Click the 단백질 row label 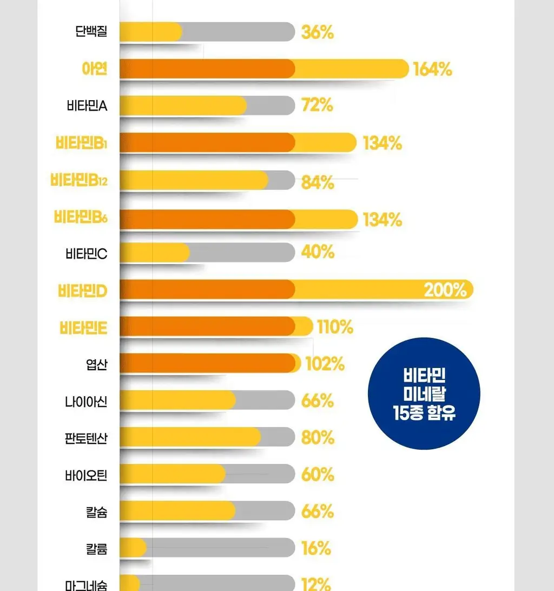[91, 31]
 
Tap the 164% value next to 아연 [432, 69]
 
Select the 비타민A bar [207, 105]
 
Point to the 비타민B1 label [81, 143]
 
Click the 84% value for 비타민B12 [318, 183]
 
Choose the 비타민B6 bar [239, 219]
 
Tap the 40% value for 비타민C [318, 252]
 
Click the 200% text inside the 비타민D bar [445, 290]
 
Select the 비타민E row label [83, 328]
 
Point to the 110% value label [335, 327]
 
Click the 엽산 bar [210, 363]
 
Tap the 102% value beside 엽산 [325, 364]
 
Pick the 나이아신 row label [86, 402]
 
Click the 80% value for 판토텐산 [318, 438]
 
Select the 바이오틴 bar [207, 474]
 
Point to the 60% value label [318, 475]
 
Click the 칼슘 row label [97, 512]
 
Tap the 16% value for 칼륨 [316, 548]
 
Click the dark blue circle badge [424, 393]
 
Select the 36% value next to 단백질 [318, 32]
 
